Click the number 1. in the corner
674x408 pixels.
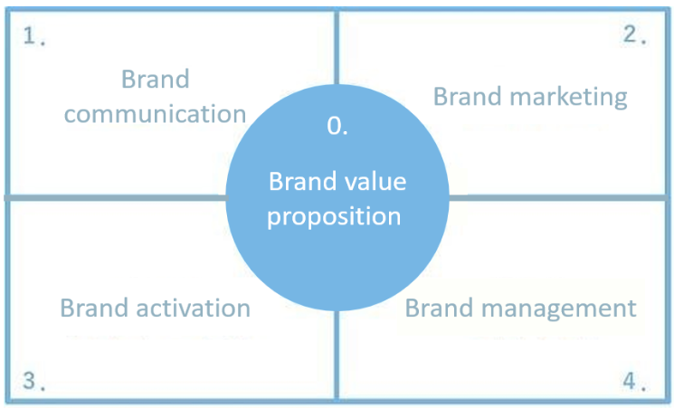(x=35, y=39)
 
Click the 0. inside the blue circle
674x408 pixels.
(x=337, y=127)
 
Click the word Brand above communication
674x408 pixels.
(x=156, y=79)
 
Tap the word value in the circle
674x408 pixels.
(x=376, y=182)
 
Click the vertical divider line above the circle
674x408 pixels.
(x=337, y=54)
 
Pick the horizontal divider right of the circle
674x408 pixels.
(x=561, y=196)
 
